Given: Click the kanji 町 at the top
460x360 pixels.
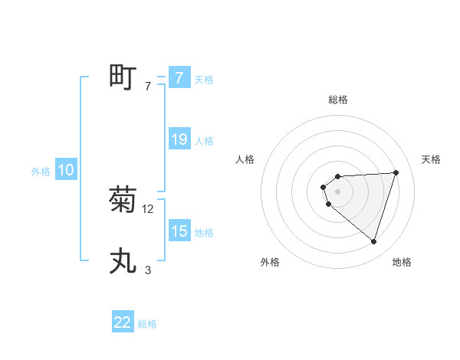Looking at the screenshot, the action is (x=123, y=77).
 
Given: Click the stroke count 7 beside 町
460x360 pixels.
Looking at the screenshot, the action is (x=147, y=87).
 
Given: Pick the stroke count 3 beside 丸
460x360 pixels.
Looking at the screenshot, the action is (x=147, y=270).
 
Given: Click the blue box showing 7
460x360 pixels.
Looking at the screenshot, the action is (x=179, y=77).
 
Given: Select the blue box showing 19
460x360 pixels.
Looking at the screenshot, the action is (x=179, y=139).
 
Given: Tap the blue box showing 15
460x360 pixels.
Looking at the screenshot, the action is (x=179, y=231).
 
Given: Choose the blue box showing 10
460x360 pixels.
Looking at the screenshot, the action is (x=66, y=171).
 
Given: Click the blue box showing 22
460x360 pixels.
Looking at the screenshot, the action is (x=123, y=322).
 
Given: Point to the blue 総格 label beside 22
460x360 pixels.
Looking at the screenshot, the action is (x=147, y=324).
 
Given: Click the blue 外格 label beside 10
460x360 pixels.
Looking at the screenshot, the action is (x=41, y=172).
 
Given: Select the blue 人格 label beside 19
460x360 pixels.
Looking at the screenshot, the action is (x=204, y=141).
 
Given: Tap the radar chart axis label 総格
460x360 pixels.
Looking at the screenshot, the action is (x=337, y=100).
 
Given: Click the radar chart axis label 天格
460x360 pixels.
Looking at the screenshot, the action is (x=431, y=159).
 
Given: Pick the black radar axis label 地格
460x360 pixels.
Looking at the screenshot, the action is (x=402, y=262).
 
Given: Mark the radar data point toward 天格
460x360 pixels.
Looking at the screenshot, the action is (x=396, y=172).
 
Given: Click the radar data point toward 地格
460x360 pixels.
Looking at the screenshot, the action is (x=373, y=241).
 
